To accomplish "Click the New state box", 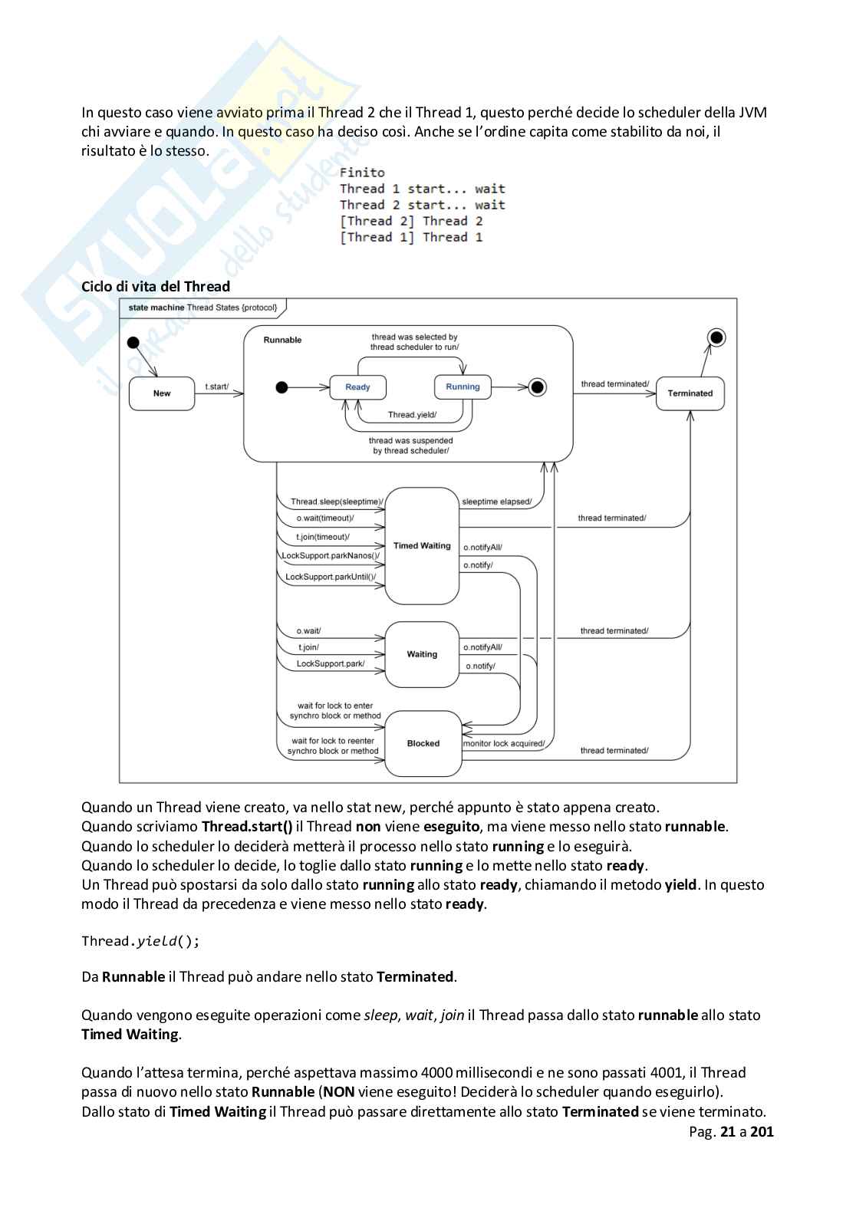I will (x=162, y=393).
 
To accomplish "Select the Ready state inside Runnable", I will (x=357, y=387).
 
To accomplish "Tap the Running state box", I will (x=463, y=387).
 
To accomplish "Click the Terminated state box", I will (x=690, y=393).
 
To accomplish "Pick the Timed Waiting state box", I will (x=422, y=546).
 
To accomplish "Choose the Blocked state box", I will (x=423, y=743).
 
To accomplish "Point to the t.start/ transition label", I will (x=216, y=387).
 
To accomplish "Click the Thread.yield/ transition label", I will (x=412, y=415).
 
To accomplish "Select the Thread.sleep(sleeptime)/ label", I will (x=336, y=502).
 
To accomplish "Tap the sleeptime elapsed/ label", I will (x=496, y=502).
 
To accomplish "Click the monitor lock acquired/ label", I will (x=504, y=743).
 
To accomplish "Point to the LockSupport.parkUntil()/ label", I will (x=331, y=577).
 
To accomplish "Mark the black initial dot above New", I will (x=133, y=342).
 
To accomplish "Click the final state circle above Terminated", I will (x=716, y=337).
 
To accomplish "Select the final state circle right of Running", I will (x=538, y=387).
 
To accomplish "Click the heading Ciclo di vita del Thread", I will (x=156, y=287).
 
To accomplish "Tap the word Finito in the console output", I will (x=362, y=173).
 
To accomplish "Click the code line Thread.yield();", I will (x=140, y=941).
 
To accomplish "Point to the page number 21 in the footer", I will (x=728, y=1131).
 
